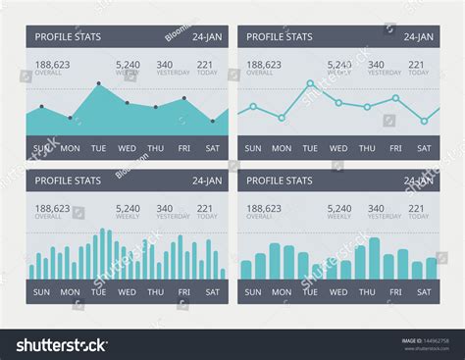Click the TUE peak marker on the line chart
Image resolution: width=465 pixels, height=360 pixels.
(310, 83)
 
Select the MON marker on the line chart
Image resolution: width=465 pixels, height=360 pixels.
(282, 118)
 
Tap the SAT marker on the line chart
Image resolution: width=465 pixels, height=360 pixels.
(424, 121)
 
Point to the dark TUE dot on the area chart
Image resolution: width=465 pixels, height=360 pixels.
(98, 84)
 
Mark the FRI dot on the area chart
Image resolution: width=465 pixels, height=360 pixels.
(183, 98)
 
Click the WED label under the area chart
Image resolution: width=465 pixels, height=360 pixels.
(127, 148)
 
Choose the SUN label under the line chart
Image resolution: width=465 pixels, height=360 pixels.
(253, 148)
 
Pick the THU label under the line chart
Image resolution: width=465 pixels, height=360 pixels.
(367, 148)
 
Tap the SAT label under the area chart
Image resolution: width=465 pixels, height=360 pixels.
(212, 148)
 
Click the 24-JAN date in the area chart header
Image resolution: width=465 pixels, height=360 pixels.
(206, 37)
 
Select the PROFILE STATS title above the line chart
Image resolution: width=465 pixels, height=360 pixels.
(280, 37)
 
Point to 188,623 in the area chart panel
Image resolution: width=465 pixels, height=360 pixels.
(52, 65)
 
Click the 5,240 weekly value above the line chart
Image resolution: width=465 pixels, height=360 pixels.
(339, 65)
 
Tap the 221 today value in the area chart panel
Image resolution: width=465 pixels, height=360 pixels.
(206, 65)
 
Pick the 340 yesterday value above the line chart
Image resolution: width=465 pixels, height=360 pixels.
(376, 65)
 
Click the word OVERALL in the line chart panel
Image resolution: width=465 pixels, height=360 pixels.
(260, 73)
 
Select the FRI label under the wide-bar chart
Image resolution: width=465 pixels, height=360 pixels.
(395, 291)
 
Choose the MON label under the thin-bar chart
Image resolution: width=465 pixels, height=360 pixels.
(70, 291)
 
